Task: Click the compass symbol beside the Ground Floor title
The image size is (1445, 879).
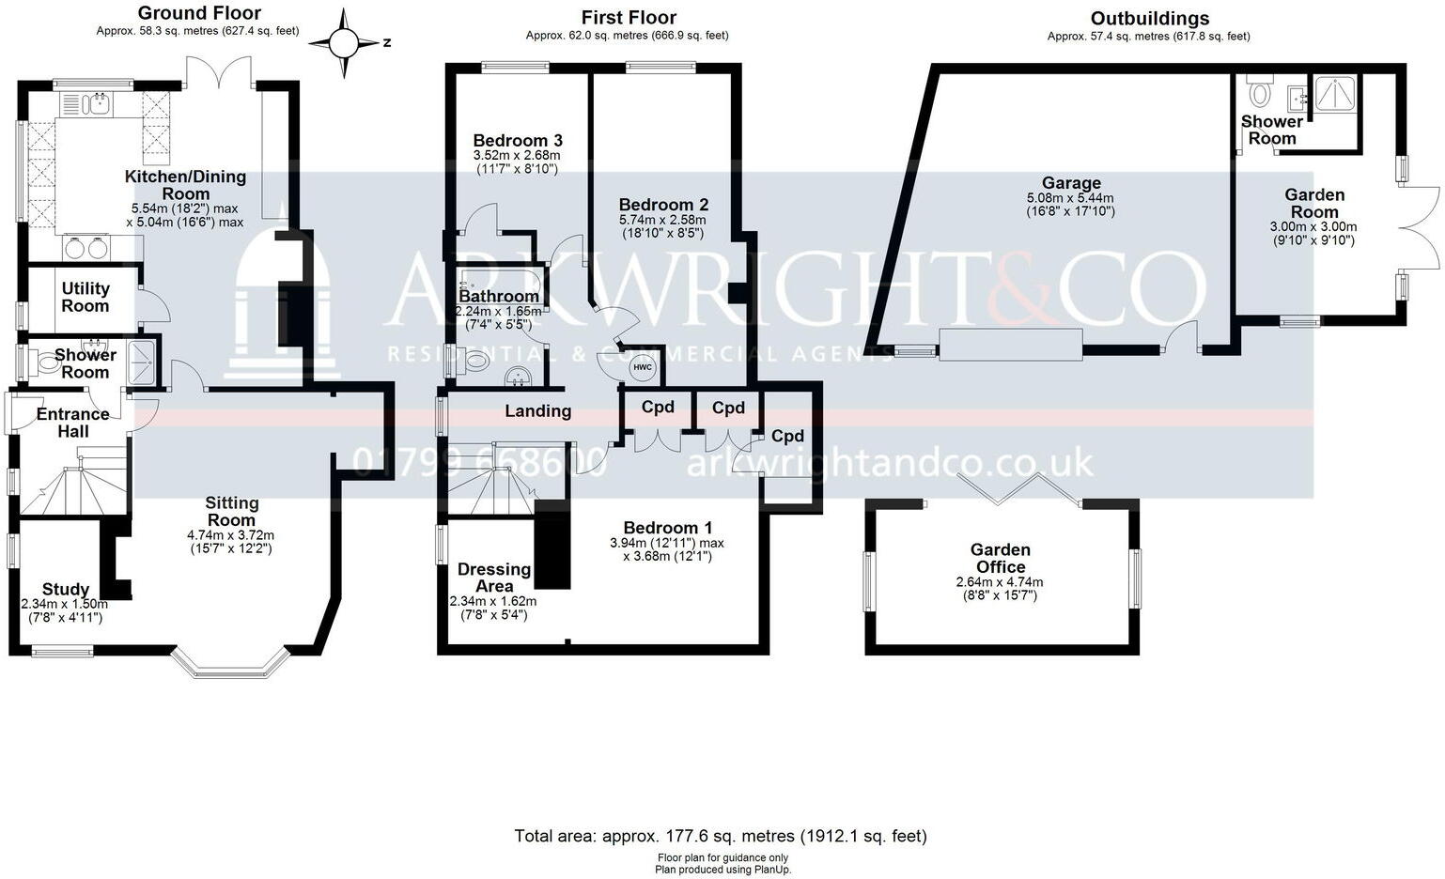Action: [344, 43]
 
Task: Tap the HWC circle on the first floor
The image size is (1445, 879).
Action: [643, 367]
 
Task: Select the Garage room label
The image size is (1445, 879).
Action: [1070, 183]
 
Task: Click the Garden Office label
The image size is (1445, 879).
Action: [1000, 558]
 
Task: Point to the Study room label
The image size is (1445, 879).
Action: [66, 590]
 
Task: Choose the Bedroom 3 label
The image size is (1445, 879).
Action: [517, 141]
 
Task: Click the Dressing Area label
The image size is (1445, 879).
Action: [493, 578]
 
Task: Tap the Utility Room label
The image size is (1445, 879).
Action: [85, 297]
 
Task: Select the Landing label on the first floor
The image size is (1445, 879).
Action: [537, 410]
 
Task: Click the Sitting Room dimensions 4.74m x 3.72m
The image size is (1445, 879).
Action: [230, 535]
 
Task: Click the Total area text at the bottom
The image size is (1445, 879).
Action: [721, 836]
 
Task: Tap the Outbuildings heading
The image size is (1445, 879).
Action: [1149, 18]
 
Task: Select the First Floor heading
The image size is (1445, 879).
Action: [629, 17]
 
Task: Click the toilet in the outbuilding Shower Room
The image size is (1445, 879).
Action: [1259, 92]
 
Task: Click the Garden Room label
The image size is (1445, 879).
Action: [1313, 203]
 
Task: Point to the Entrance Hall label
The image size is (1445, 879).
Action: [72, 422]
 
